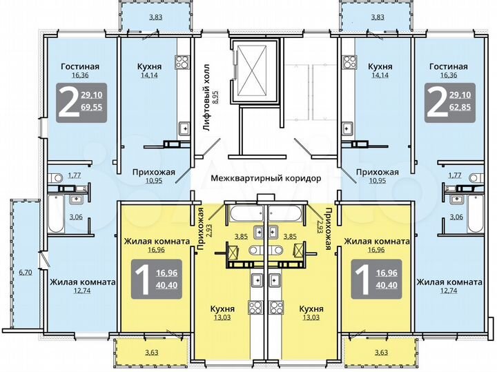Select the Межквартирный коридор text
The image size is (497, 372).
tap(266, 178)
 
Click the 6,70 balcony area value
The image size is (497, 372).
tap(25, 273)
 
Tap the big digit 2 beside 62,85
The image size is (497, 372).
tap(435, 101)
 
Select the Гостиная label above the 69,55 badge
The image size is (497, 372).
tap(80, 67)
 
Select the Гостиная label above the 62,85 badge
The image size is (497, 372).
tap(448, 67)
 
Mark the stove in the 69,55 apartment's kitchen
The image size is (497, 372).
tap(183, 128)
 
